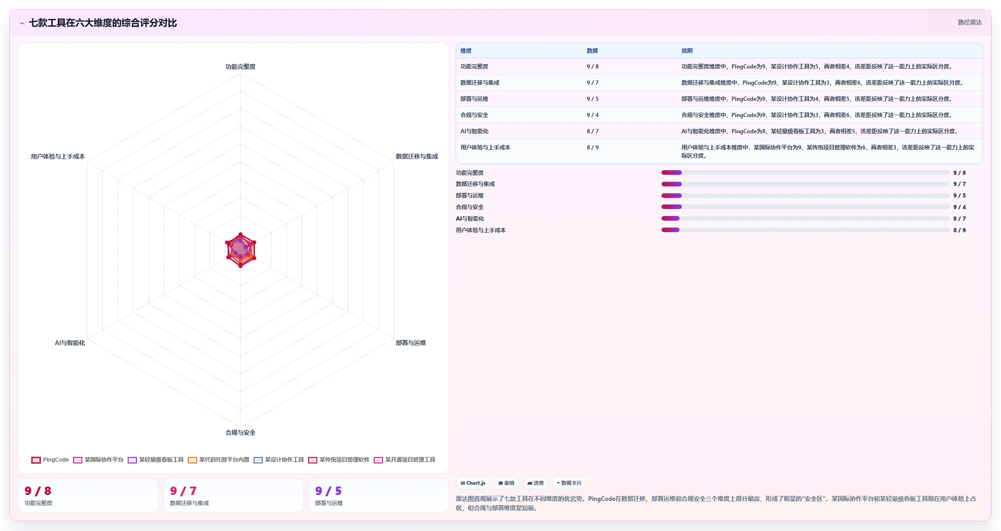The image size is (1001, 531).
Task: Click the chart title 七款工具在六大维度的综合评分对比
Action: (x=103, y=23)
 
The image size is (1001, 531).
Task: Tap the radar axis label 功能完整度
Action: (x=241, y=67)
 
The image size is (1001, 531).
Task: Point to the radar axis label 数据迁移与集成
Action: (x=417, y=156)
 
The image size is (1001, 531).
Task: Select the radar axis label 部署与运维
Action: (x=411, y=343)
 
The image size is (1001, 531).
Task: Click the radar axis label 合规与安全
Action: (x=241, y=432)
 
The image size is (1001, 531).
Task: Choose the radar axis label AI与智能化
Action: (x=70, y=343)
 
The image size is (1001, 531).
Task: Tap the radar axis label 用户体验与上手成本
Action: (x=58, y=156)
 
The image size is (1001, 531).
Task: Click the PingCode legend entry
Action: (x=50, y=460)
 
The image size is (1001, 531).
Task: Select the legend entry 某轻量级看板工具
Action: (x=155, y=460)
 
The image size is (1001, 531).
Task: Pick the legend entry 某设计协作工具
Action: (x=278, y=460)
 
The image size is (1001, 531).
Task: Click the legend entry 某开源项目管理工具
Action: (x=405, y=460)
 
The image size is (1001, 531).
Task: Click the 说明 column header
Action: (x=687, y=51)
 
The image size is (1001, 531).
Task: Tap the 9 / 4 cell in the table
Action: (x=593, y=115)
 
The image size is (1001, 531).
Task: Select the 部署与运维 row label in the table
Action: (x=474, y=99)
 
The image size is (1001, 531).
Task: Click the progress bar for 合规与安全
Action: (x=805, y=207)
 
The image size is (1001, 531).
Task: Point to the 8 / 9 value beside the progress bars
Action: (x=959, y=230)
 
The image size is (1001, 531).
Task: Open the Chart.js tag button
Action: (x=473, y=483)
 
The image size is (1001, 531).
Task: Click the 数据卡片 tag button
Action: (x=569, y=483)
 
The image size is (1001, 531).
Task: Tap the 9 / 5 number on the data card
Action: (x=328, y=491)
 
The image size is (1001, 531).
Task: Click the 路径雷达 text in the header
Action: (x=970, y=22)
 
